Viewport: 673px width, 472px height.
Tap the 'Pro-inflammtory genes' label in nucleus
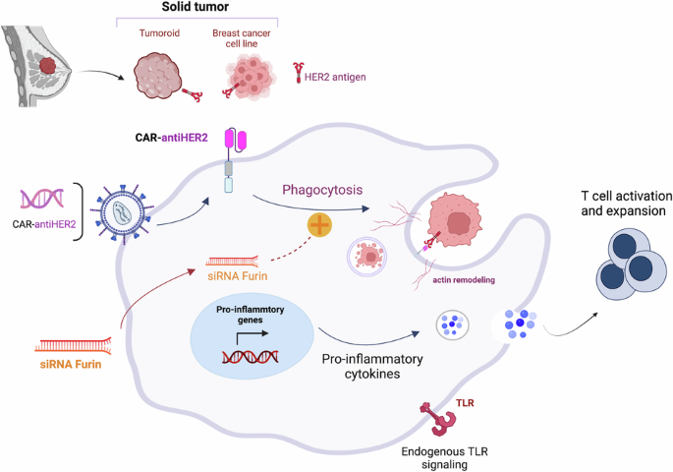(x=250, y=316)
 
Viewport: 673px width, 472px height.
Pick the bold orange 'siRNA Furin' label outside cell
(x=71, y=365)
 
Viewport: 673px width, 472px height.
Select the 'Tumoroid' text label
(x=157, y=32)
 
